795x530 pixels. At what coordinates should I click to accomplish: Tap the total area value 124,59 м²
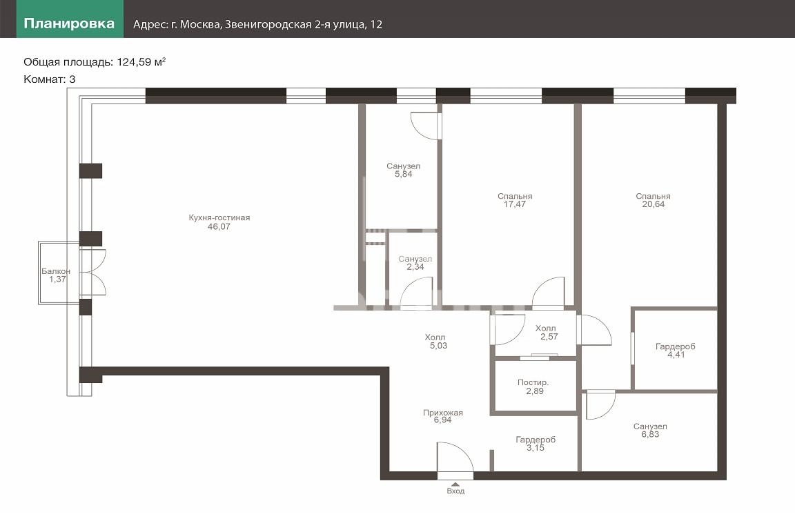click(x=141, y=62)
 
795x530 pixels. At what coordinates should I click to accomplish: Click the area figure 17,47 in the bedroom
click(x=515, y=204)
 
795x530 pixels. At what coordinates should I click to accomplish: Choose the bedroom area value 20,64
click(x=653, y=204)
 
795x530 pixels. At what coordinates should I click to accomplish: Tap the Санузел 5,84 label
click(x=404, y=170)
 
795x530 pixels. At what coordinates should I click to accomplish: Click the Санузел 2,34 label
click(x=415, y=263)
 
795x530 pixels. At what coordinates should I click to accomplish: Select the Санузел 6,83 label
click(x=650, y=430)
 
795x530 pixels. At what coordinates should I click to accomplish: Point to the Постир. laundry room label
click(x=533, y=382)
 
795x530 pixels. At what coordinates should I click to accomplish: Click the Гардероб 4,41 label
click(x=676, y=351)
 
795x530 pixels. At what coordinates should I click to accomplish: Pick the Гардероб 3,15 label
click(x=536, y=444)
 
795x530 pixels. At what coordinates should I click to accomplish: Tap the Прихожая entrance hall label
click(x=443, y=413)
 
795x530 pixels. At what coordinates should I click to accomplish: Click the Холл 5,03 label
click(x=436, y=342)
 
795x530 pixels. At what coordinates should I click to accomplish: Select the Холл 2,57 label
click(x=547, y=332)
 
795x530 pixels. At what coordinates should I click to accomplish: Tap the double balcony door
click(x=92, y=273)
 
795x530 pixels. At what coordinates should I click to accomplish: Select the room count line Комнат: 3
click(x=50, y=79)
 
